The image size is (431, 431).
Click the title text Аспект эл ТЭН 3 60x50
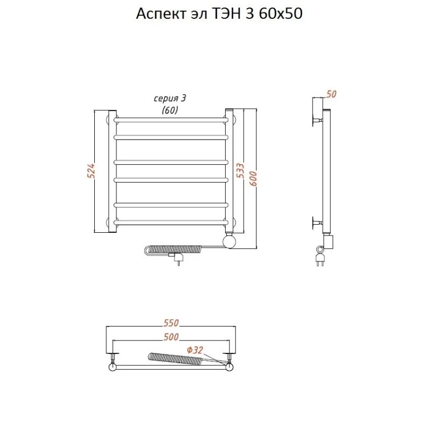219,14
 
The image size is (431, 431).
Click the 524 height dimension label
91,171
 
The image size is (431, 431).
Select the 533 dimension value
240,170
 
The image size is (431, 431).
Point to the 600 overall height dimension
253,178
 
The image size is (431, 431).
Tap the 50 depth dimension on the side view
331,94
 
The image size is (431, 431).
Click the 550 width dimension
171,323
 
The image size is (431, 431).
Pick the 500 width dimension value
171,337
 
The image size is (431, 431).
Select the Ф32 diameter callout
195,350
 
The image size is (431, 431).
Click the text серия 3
170,99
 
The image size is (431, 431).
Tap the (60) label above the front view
170,110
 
